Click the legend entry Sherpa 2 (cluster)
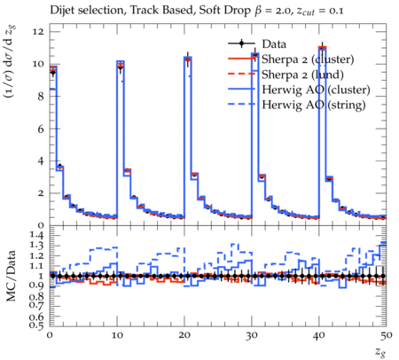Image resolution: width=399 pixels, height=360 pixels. (x=308, y=59)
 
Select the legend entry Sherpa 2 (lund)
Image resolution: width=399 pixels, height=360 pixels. (x=302, y=74)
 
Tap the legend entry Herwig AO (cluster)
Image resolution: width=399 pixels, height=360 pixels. (x=316, y=90)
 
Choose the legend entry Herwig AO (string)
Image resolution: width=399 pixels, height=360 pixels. (x=314, y=105)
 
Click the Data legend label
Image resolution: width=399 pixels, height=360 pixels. (x=274, y=44)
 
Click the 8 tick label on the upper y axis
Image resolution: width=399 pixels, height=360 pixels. (x=41, y=96)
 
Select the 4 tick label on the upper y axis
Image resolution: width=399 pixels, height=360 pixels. (x=41, y=160)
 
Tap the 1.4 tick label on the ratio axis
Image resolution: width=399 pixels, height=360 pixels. (x=35, y=236)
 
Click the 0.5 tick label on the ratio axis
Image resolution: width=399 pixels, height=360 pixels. (x=35, y=325)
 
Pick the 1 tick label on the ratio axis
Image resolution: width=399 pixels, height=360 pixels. (x=41, y=276)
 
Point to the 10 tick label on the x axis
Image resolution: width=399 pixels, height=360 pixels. (x=117, y=335)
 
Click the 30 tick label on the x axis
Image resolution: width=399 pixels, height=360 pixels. (x=252, y=335)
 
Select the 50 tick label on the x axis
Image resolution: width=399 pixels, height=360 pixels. (x=386, y=335)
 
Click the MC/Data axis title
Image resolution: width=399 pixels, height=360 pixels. (x=11, y=276)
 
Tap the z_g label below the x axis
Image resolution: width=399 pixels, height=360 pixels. (x=380, y=352)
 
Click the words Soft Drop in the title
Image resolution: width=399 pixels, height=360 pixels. (x=225, y=11)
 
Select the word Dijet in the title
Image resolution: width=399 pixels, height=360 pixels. (x=61, y=11)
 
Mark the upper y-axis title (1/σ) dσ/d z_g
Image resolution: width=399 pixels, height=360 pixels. (x=11, y=62)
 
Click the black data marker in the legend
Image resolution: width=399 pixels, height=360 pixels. (x=241, y=43)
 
